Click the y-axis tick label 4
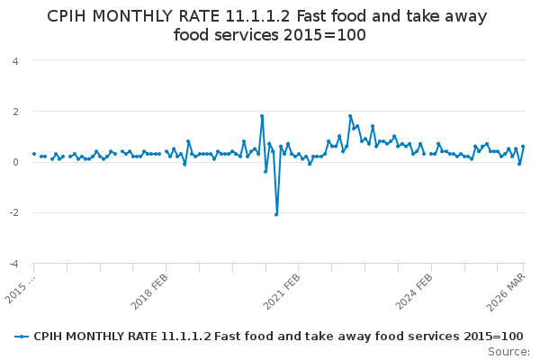14,61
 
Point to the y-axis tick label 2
14,112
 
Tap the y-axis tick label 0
14,162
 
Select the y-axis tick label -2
13,213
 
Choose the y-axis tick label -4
13,264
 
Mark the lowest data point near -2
276,214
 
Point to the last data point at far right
523,147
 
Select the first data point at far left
34,154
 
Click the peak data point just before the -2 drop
262,116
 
